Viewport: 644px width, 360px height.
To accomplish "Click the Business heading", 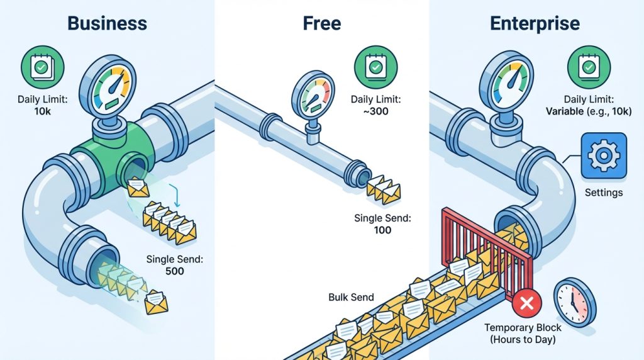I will pos(107,23).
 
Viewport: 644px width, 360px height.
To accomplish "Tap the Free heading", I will pos(321,23).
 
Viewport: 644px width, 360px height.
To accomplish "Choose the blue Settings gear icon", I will pos(604,155).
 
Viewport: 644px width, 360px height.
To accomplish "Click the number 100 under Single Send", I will pos(382,230).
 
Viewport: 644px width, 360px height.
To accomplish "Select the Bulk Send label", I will pos(351,297).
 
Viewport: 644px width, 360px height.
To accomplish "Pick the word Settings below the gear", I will pos(603,193).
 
